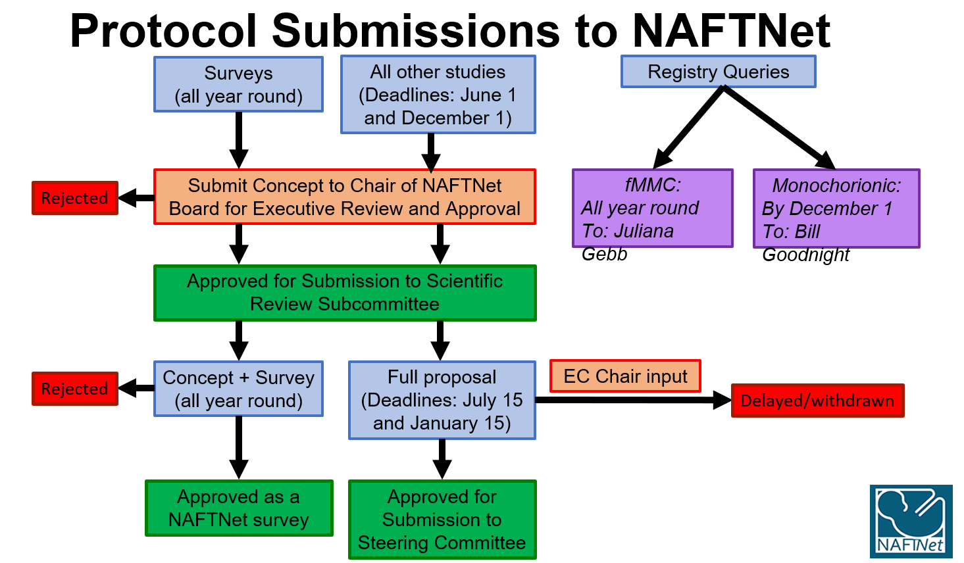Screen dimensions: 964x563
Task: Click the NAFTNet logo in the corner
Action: pyautogui.click(x=911, y=522)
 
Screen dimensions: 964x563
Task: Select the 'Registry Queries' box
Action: pyautogui.click(x=719, y=72)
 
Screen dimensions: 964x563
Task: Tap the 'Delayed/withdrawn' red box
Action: pyautogui.click(x=818, y=401)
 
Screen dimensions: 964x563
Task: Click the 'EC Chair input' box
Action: pyautogui.click(x=625, y=376)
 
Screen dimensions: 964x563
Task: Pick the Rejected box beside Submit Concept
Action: pyautogui.click(x=75, y=198)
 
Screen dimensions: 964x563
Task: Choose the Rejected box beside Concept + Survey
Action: pyautogui.click(x=75, y=389)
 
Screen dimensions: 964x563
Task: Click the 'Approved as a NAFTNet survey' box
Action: pyautogui.click(x=239, y=508)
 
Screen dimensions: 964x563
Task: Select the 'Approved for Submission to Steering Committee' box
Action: pyautogui.click(x=442, y=520)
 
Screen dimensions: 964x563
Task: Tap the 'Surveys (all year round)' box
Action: pyautogui.click(x=238, y=84)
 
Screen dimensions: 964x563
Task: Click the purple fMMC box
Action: pyautogui.click(x=652, y=208)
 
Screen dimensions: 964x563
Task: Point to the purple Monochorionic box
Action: pyautogui.click(x=836, y=208)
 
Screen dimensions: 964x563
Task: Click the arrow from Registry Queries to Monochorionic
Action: pyautogui.click(x=779, y=128)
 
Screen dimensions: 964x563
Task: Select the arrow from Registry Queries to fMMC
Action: pyautogui.click(x=688, y=128)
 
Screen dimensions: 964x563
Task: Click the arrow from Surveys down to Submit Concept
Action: pyautogui.click(x=239, y=140)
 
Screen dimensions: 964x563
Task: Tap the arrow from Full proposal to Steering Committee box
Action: pyautogui.click(x=442, y=459)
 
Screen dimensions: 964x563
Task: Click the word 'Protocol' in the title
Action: pyautogui.click(x=163, y=31)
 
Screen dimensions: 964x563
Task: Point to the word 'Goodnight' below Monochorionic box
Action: pyautogui.click(x=805, y=255)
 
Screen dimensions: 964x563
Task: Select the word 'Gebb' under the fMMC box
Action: pyautogui.click(x=604, y=254)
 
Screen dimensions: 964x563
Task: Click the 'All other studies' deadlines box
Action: pyautogui.click(x=438, y=95)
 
